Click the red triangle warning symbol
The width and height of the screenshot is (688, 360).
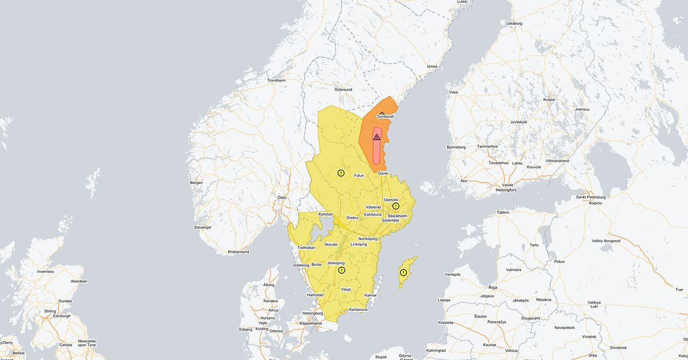pyautogui.click(x=377, y=137)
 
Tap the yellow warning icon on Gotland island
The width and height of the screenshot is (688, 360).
pyautogui.click(x=404, y=272)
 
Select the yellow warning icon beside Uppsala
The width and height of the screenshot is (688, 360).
pyautogui.click(x=396, y=206)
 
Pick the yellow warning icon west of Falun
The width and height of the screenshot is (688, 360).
pyautogui.click(x=341, y=173)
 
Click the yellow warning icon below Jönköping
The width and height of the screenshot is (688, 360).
pyautogui.click(x=342, y=270)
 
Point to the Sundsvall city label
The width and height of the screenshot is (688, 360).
pyautogui.click(x=385, y=116)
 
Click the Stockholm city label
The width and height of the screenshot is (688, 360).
pyautogui.click(x=397, y=216)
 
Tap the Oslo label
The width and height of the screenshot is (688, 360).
pyautogui.click(x=282, y=197)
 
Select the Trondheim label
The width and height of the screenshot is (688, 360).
pyautogui.click(x=276, y=80)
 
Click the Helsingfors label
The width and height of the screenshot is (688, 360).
pyautogui.click(x=505, y=190)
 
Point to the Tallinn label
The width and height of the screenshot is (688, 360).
pyautogui.click(x=503, y=212)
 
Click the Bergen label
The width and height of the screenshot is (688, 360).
pyautogui.click(x=196, y=182)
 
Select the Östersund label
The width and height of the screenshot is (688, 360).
pyautogui.click(x=343, y=89)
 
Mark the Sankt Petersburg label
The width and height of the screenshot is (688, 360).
pyautogui.click(x=591, y=197)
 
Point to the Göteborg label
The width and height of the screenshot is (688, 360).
pyautogui.click(x=301, y=265)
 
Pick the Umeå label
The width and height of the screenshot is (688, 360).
pyautogui.click(x=432, y=66)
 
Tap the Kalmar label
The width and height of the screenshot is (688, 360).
pyautogui.click(x=370, y=295)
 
